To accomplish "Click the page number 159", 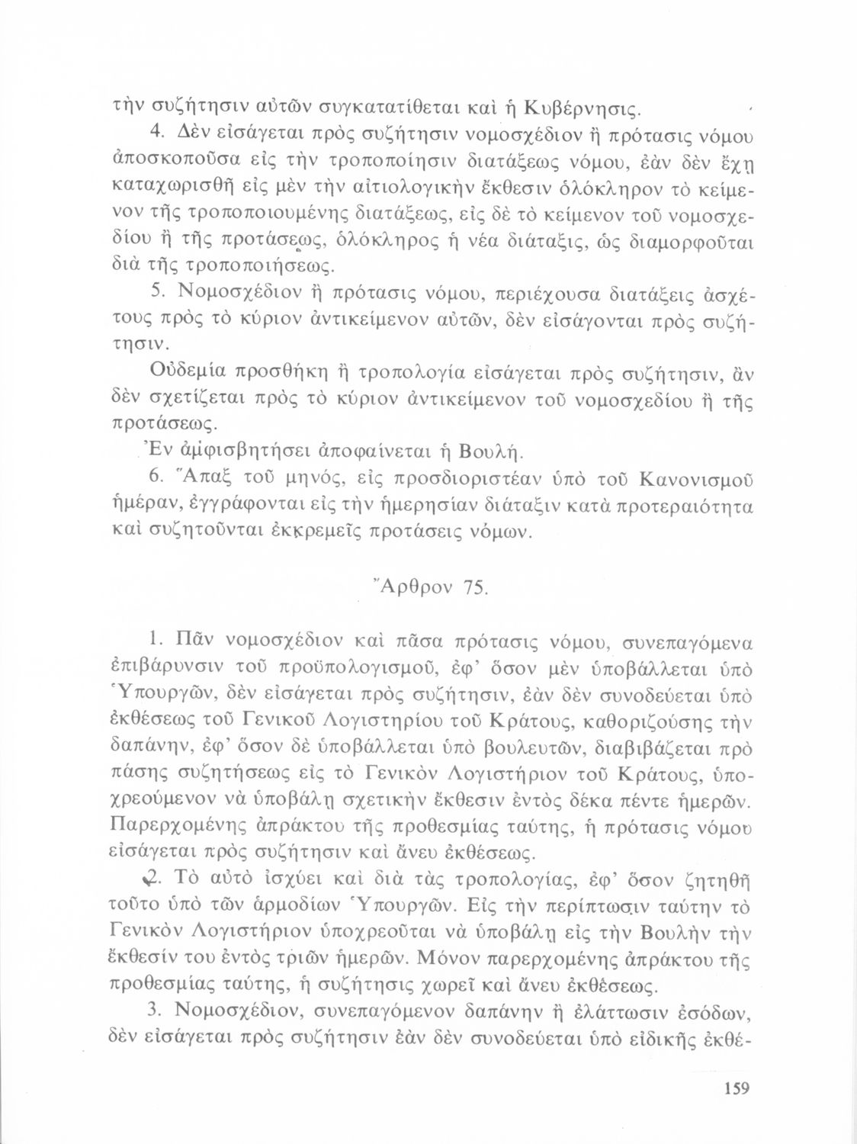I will point(735,1088).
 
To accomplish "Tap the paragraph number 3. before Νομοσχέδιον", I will point(156,1012).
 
